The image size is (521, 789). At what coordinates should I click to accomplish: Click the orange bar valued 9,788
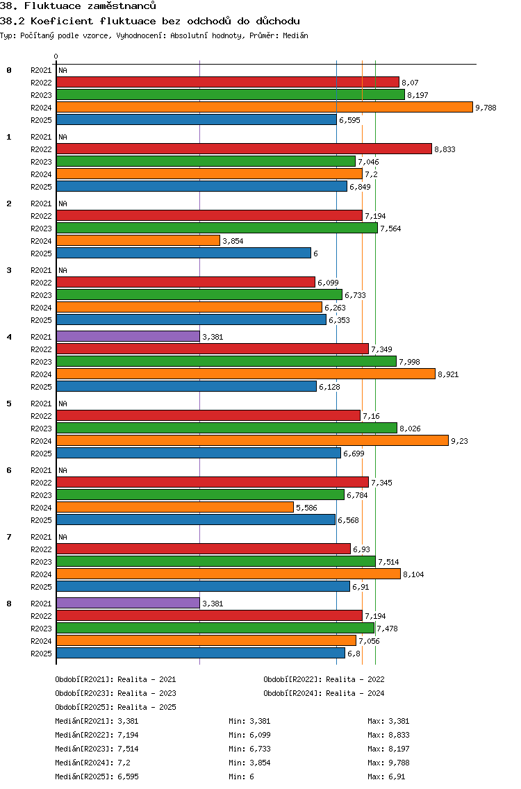click(264, 107)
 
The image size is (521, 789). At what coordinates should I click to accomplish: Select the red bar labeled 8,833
click(244, 149)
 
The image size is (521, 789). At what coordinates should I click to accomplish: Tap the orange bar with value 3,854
click(138, 240)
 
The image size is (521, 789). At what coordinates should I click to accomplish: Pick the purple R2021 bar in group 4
click(128, 336)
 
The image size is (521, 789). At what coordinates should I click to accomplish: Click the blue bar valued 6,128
click(186, 386)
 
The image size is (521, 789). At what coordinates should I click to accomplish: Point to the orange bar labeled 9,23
click(252, 440)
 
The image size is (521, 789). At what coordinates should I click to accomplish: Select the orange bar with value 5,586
click(175, 507)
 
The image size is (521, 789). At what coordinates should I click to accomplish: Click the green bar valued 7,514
click(215, 561)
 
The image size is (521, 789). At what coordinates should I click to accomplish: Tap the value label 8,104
click(414, 574)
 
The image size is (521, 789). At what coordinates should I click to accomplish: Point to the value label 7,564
click(390, 229)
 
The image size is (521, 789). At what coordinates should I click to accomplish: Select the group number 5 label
click(9, 404)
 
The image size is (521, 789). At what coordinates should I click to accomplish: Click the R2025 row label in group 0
click(41, 120)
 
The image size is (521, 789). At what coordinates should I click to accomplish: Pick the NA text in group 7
click(63, 537)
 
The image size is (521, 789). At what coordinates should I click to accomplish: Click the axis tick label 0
click(56, 56)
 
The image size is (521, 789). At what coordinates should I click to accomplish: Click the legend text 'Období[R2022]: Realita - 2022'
click(324, 679)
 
